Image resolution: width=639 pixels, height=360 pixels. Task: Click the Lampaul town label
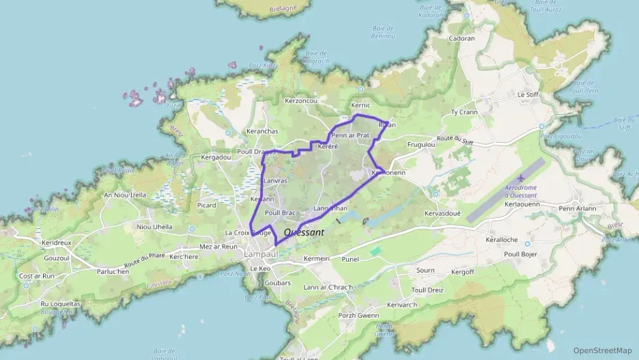click(x=260, y=254)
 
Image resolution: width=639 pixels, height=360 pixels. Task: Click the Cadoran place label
click(x=461, y=39)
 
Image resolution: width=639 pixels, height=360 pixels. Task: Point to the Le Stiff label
click(x=529, y=94)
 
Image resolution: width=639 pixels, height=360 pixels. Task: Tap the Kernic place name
click(x=360, y=105)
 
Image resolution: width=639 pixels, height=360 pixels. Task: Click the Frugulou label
click(x=421, y=145)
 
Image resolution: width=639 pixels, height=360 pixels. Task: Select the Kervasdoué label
click(x=444, y=214)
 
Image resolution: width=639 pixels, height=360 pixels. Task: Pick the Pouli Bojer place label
click(x=520, y=254)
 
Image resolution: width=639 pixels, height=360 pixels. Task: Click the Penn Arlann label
click(x=577, y=208)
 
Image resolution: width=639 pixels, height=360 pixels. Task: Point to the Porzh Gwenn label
click(x=358, y=316)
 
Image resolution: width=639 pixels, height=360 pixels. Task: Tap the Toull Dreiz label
click(x=427, y=290)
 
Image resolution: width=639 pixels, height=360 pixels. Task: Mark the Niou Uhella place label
click(x=154, y=227)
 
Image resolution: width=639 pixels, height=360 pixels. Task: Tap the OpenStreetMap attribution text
click(x=602, y=350)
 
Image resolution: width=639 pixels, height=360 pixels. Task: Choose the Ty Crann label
click(x=464, y=112)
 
